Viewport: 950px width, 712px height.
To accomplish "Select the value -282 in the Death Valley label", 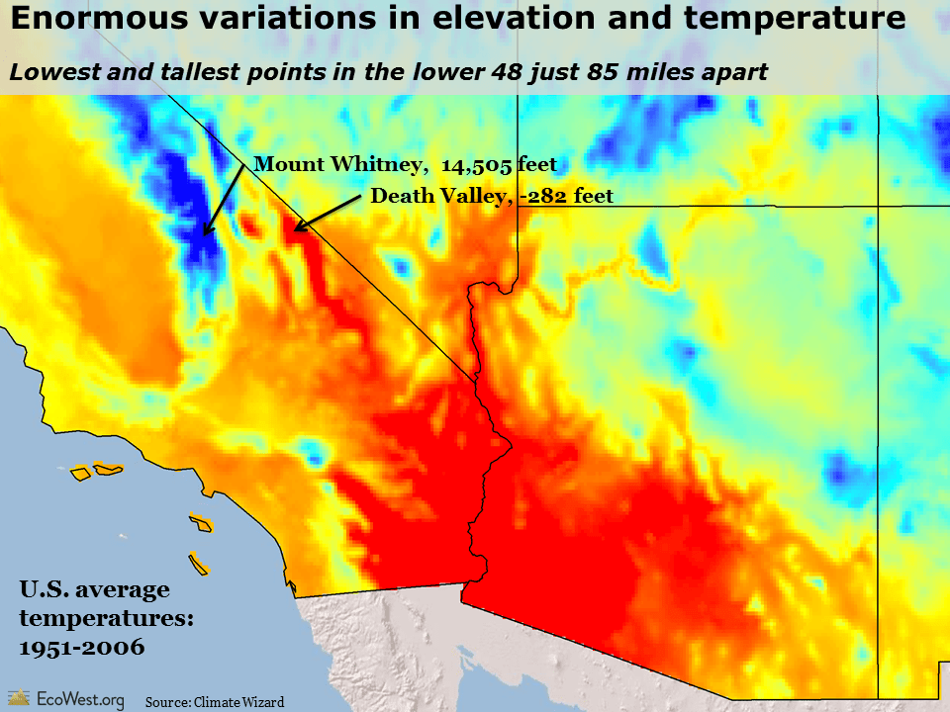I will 546,196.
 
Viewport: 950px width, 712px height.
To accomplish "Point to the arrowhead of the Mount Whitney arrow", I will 205,233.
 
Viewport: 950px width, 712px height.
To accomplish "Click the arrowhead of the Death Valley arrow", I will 296,229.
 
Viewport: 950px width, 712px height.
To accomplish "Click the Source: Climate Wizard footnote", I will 215,702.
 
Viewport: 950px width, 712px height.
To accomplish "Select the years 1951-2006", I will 82,648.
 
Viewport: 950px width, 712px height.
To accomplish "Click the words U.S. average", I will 94,590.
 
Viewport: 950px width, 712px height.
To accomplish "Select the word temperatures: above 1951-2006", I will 106,619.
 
